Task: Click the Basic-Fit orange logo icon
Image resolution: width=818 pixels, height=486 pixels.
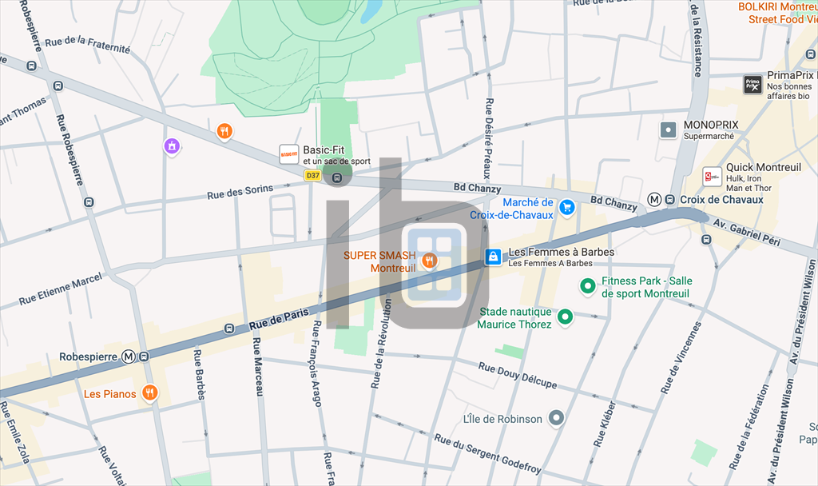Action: (x=288, y=154)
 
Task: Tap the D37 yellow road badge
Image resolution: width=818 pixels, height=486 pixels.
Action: (x=312, y=175)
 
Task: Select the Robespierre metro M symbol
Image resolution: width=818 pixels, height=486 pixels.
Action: (x=129, y=357)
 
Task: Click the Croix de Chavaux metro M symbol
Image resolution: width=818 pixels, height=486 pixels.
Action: (x=654, y=200)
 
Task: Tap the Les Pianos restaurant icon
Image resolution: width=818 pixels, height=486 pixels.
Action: (x=149, y=392)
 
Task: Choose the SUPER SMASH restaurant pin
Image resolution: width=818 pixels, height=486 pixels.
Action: (x=430, y=260)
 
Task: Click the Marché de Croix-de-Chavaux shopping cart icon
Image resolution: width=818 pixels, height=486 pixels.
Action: (x=567, y=208)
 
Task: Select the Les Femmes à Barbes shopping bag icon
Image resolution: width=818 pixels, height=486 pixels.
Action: (x=494, y=257)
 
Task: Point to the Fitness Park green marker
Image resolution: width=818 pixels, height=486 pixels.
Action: (x=587, y=286)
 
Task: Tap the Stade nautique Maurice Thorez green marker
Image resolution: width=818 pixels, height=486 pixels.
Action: (x=566, y=317)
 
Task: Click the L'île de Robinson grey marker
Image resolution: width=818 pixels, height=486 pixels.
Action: (x=557, y=418)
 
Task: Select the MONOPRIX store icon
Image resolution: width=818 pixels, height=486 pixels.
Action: (x=669, y=129)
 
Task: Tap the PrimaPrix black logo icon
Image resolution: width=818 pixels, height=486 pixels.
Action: (x=752, y=85)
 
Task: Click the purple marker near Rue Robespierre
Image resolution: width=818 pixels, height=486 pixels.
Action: (x=172, y=145)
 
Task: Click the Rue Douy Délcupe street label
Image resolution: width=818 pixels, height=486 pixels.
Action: (x=517, y=376)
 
